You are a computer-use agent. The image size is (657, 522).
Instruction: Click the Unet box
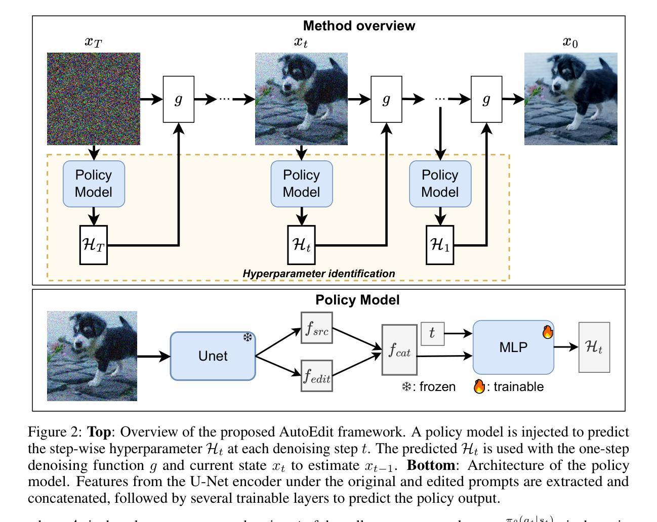[x=213, y=356]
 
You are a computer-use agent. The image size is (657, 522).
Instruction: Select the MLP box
[x=513, y=347]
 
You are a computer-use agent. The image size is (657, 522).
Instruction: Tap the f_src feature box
[x=317, y=328]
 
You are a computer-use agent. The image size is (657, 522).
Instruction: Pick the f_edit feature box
[x=317, y=375]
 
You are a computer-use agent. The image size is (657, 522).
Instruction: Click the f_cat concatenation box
[x=399, y=350]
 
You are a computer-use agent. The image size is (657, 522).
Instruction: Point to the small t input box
[x=432, y=333]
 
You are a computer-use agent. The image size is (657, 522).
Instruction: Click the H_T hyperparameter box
[x=94, y=245]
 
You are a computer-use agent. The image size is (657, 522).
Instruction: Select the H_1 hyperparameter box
[x=440, y=245]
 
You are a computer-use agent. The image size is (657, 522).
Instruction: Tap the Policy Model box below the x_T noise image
[x=94, y=184]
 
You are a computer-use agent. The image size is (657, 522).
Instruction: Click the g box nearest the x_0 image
[x=486, y=99]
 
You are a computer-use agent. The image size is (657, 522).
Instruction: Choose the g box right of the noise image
[x=178, y=99]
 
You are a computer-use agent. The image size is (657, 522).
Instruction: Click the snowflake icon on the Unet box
[x=248, y=337]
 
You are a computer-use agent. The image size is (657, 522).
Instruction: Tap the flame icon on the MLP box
[x=547, y=332]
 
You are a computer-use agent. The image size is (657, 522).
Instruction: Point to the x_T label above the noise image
[x=93, y=42]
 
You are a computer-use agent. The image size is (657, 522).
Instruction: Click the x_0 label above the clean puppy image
[x=570, y=42]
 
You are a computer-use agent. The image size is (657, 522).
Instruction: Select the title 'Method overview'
[x=359, y=26]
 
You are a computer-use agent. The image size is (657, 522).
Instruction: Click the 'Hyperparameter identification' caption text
[x=319, y=274]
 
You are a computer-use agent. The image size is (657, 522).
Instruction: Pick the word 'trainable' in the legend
[x=518, y=387]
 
